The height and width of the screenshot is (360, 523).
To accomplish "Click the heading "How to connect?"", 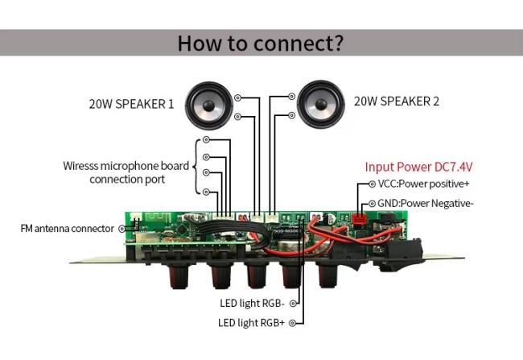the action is (x=260, y=43).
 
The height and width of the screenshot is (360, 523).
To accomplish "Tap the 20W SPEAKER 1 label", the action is (x=131, y=104).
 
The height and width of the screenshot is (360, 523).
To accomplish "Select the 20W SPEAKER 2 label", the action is (x=397, y=101).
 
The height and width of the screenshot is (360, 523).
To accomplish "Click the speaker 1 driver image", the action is (x=209, y=106).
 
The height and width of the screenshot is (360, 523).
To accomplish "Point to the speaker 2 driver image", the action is (x=320, y=104).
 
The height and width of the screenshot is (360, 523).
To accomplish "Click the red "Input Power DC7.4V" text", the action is (x=419, y=167).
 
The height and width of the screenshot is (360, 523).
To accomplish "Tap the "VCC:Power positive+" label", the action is (x=423, y=184).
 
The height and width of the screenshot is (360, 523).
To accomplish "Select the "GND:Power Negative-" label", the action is (x=426, y=203).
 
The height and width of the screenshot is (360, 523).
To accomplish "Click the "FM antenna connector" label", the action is (x=68, y=229).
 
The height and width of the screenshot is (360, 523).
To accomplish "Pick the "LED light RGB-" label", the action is (x=252, y=304).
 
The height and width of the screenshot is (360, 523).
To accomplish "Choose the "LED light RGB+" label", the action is (x=252, y=323).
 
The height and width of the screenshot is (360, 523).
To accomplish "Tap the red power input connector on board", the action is (x=360, y=219).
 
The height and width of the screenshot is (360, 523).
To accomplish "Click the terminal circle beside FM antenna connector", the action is (x=122, y=229).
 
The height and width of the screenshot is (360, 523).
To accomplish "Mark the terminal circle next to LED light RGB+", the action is (x=293, y=323).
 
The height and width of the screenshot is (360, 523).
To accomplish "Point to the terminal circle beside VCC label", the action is (x=373, y=184).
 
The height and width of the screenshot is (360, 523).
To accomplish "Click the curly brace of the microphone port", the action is (x=197, y=167).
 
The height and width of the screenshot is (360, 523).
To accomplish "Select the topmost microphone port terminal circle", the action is (x=207, y=139).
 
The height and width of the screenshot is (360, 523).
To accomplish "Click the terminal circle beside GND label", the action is (x=373, y=204).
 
